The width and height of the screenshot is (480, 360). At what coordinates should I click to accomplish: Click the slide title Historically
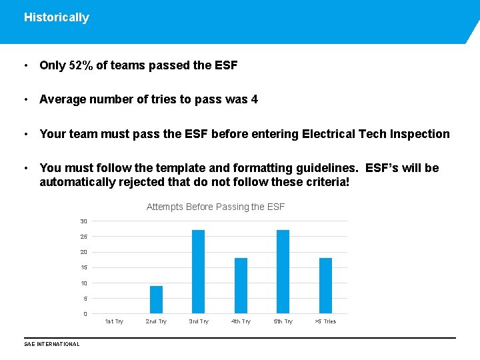tap(56, 18)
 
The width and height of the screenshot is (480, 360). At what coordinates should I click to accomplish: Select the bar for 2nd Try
tap(156, 300)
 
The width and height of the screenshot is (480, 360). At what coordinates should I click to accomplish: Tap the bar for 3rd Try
tap(198, 272)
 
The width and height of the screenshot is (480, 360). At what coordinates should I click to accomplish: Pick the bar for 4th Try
tap(241, 286)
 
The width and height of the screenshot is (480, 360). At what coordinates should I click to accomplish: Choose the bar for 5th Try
tap(283, 272)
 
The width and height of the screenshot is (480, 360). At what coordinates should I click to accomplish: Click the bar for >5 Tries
tap(325, 286)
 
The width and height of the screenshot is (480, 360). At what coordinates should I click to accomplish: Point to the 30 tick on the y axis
tap(83, 221)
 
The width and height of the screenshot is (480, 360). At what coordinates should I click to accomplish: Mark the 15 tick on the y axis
tap(83, 268)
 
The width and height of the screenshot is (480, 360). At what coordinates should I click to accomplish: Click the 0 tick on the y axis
tap(85, 314)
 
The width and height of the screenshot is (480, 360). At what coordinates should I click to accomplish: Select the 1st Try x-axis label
tap(114, 322)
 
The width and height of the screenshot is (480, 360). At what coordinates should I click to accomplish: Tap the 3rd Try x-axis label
tap(199, 322)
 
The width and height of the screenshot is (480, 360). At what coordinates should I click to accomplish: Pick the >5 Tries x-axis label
tap(325, 322)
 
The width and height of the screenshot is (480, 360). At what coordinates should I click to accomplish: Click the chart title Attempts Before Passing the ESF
tap(215, 207)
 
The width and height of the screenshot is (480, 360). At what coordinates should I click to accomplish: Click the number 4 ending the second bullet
tap(254, 100)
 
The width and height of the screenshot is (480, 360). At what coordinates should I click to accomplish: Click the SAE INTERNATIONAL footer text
tap(51, 345)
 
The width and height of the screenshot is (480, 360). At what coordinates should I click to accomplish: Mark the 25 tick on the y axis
tap(83, 237)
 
